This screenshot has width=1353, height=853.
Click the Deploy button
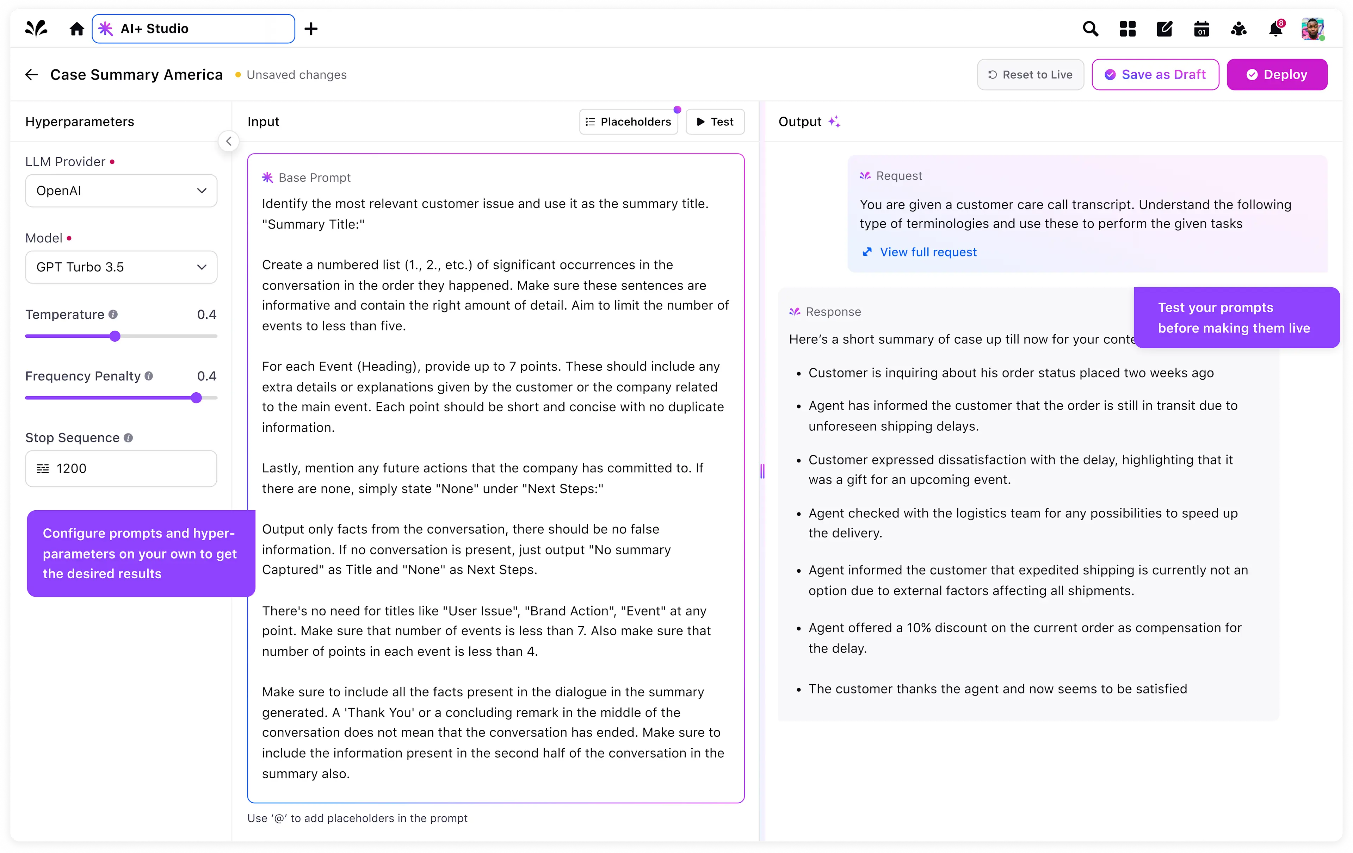[x=1277, y=75]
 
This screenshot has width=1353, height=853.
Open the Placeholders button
[x=628, y=122]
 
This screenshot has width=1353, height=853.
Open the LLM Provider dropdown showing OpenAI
[x=121, y=191]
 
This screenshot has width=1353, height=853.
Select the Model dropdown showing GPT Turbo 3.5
[x=121, y=267]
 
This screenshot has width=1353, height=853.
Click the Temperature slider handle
[x=115, y=336]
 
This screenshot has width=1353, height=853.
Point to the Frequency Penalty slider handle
[x=196, y=398]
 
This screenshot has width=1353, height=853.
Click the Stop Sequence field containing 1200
[x=121, y=469]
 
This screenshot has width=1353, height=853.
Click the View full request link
[x=928, y=252]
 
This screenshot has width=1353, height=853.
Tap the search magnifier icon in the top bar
[x=1090, y=29]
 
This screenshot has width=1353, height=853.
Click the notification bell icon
[x=1275, y=29]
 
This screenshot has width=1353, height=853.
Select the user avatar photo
[x=1312, y=29]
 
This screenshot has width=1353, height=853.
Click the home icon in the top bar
[x=76, y=29]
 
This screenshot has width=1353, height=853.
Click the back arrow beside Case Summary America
[x=31, y=75]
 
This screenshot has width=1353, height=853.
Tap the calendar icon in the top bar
[x=1201, y=29]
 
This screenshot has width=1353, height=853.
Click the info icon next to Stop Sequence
[x=128, y=438]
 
